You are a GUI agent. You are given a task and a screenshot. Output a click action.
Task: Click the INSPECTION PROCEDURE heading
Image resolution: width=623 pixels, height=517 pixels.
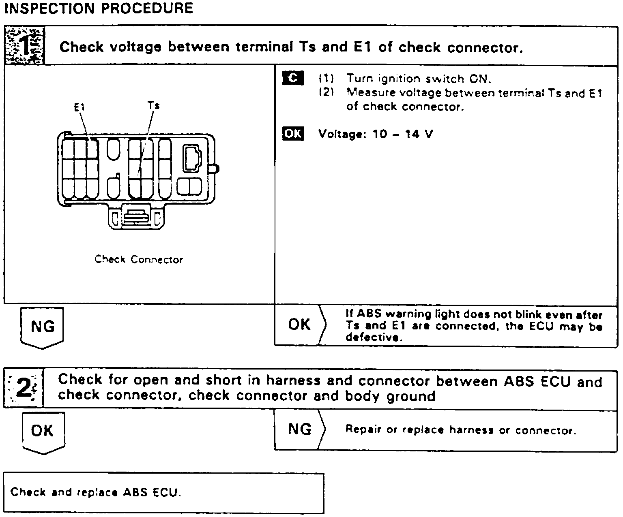99,8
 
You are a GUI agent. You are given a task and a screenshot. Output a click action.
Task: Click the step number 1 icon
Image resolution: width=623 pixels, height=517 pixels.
24,45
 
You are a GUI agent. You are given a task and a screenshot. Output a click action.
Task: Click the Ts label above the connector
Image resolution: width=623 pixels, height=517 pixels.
153,105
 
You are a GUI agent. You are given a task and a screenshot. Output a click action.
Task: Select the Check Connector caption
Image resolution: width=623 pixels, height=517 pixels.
139,259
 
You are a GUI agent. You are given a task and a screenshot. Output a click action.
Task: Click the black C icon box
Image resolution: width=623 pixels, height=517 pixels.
292,78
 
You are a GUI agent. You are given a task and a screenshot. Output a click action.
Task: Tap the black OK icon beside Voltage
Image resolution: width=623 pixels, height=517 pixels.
292,133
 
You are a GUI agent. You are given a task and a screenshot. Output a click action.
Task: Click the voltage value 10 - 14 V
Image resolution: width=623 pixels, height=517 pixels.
402,134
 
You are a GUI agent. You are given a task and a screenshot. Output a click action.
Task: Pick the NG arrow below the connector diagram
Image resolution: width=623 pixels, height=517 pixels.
42,327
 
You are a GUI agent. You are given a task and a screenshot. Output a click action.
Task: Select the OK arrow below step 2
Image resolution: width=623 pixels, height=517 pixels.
43,431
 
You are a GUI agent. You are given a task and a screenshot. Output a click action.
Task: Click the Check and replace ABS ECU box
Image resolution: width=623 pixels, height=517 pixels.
163,493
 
